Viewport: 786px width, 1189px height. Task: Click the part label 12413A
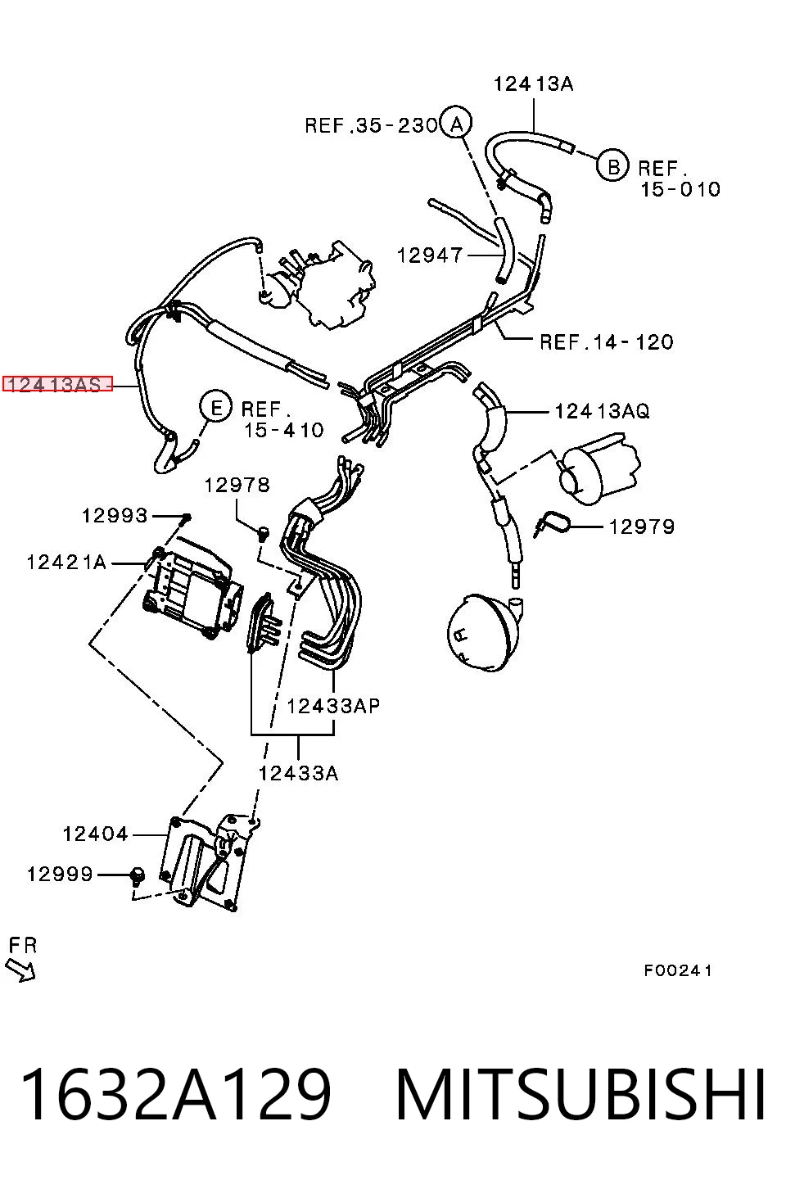point(533,84)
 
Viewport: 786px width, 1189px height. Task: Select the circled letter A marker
point(457,124)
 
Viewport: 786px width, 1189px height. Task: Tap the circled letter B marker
point(613,167)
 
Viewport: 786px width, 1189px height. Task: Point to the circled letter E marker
point(216,408)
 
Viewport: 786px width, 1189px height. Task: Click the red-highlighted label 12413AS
point(58,384)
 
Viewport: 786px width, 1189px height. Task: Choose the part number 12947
point(430,255)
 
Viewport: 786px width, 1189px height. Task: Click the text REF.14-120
point(607,341)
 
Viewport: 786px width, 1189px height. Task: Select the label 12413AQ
point(602,411)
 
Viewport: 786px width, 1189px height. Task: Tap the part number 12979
point(642,527)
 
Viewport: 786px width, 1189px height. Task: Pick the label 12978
point(237,485)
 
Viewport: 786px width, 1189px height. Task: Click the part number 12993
point(115,515)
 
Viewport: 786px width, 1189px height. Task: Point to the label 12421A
point(67,562)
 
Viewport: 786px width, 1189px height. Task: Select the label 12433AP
point(333,706)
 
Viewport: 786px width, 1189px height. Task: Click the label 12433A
point(298,773)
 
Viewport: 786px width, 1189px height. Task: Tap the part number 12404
point(96,834)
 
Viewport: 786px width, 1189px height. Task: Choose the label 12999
point(60,874)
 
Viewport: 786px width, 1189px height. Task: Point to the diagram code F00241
point(678,970)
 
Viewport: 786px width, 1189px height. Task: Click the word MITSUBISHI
point(580,1095)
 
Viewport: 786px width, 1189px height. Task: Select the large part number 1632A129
point(176,1095)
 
